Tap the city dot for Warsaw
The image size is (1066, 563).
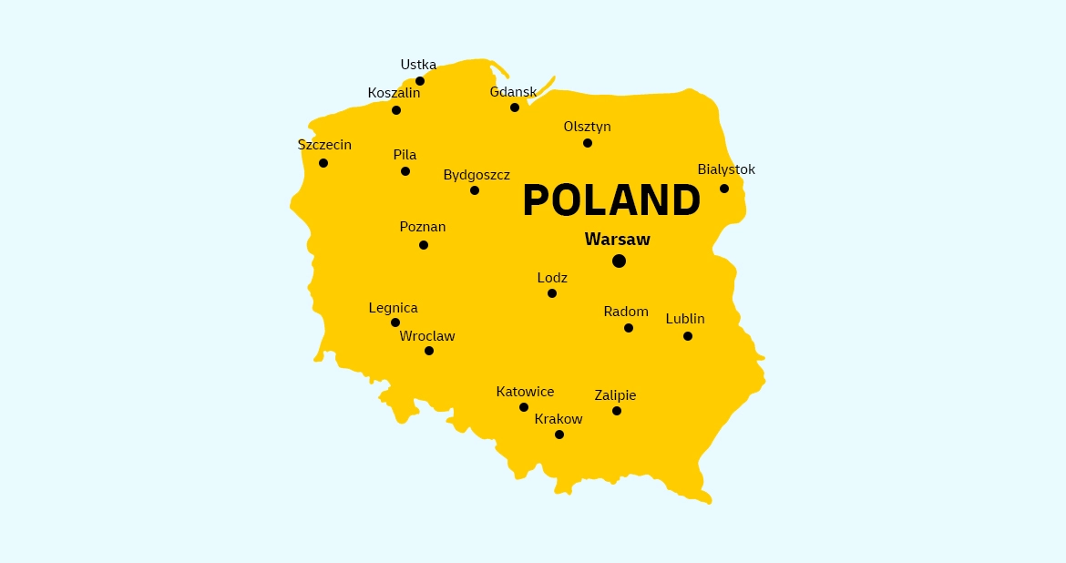pyautogui.click(x=620, y=261)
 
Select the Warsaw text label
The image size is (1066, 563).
pyautogui.click(x=618, y=240)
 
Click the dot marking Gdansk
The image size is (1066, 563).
pyautogui.click(x=515, y=107)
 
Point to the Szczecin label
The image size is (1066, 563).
pyautogui.click(x=324, y=145)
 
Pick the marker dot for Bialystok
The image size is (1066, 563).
pyautogui.click(x=724, y=189)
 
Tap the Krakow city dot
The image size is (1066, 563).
pyautogui.click(x=559, y=435)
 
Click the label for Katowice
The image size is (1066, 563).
pyautogui.click(x=525, y=392)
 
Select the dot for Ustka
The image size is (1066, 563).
pyautogui.click(x=420, y=81)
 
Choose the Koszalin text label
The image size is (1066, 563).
pyautogui.click(x=395, y=93)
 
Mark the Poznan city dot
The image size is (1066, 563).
pyautogui.click(x=424, y=245)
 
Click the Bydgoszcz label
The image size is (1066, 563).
pyautogui.click(x=477, y=175)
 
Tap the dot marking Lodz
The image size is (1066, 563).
pyautogui.click(x=552, y=293)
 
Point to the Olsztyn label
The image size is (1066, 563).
pyautogui.click(x=588, y=127)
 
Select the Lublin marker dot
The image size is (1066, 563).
pyautogui.click(x=688, y=336)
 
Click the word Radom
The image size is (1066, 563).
pyautogui.click(x=626, y=312)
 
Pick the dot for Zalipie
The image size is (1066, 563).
pyautogui.click(x=617, y=411)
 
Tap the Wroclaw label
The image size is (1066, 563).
pyautogui.click(x=427, y=336)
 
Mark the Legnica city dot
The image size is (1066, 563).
pyautogui.click(x=395, y=322)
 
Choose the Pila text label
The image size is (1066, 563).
pyautogui.click(x=405, y=155)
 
